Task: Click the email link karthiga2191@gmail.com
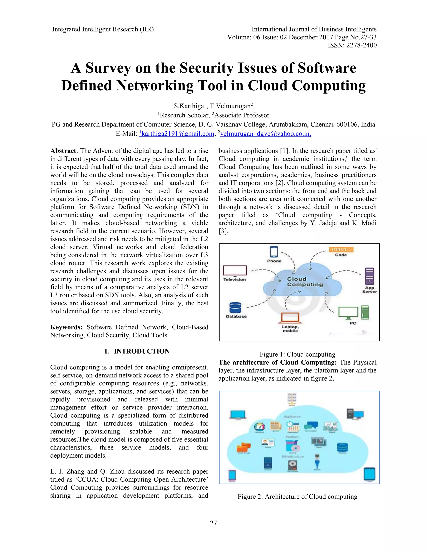178,134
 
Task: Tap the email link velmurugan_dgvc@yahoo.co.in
265,134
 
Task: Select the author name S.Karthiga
188,106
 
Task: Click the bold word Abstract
63,151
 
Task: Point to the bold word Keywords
66,327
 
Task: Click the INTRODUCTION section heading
141,351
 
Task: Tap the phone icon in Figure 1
274,252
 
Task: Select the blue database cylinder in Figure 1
235,308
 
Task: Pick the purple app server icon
370,276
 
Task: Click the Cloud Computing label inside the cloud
305,282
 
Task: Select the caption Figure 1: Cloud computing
298,354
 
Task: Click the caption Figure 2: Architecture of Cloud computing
298,497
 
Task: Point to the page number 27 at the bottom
213,523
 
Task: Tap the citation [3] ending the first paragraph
223,231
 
